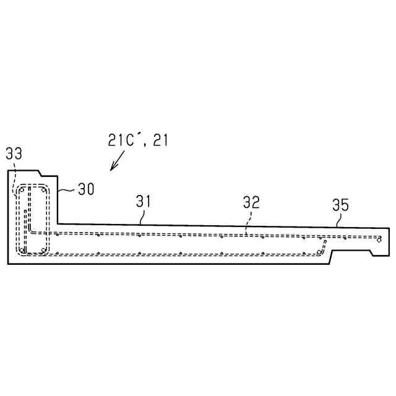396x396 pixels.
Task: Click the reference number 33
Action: (x=14, y=153)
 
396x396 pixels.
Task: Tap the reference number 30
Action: (x=86, y=189)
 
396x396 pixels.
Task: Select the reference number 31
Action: (x=143, y=201)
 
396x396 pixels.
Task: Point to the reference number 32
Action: (x=251, y=202)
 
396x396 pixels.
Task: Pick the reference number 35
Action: (x=340, y=205)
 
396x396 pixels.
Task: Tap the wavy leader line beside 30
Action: (x=66, y=190)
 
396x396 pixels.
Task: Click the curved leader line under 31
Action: (x=142, y=217)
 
